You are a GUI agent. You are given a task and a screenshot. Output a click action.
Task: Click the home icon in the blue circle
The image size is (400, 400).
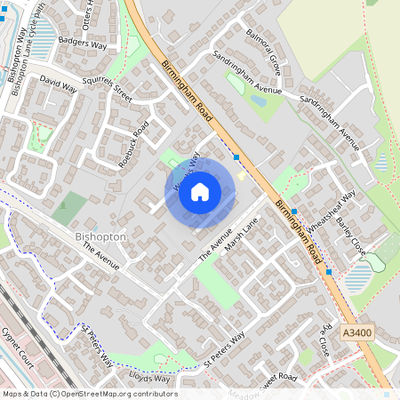(x=200, y=192)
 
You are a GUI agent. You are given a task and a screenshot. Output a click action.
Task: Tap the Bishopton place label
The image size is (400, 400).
(x=101, y=237)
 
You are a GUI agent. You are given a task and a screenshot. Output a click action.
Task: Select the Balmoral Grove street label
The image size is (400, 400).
(x=264, y=52)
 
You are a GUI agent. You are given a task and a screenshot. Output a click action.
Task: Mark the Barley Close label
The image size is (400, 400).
(x=351, y=233)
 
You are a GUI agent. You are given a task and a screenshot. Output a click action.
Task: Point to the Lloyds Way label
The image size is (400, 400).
(x=149, y=378)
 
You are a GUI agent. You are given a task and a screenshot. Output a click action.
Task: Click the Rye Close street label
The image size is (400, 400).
(x=321, y=339)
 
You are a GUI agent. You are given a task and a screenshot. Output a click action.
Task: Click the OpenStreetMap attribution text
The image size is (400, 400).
(x=89, y=394)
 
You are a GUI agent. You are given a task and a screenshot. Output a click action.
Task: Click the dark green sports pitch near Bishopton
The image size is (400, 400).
(x=69, y=210)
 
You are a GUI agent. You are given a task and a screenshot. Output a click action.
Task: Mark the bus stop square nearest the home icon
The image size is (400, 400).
(x=236, y=157)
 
